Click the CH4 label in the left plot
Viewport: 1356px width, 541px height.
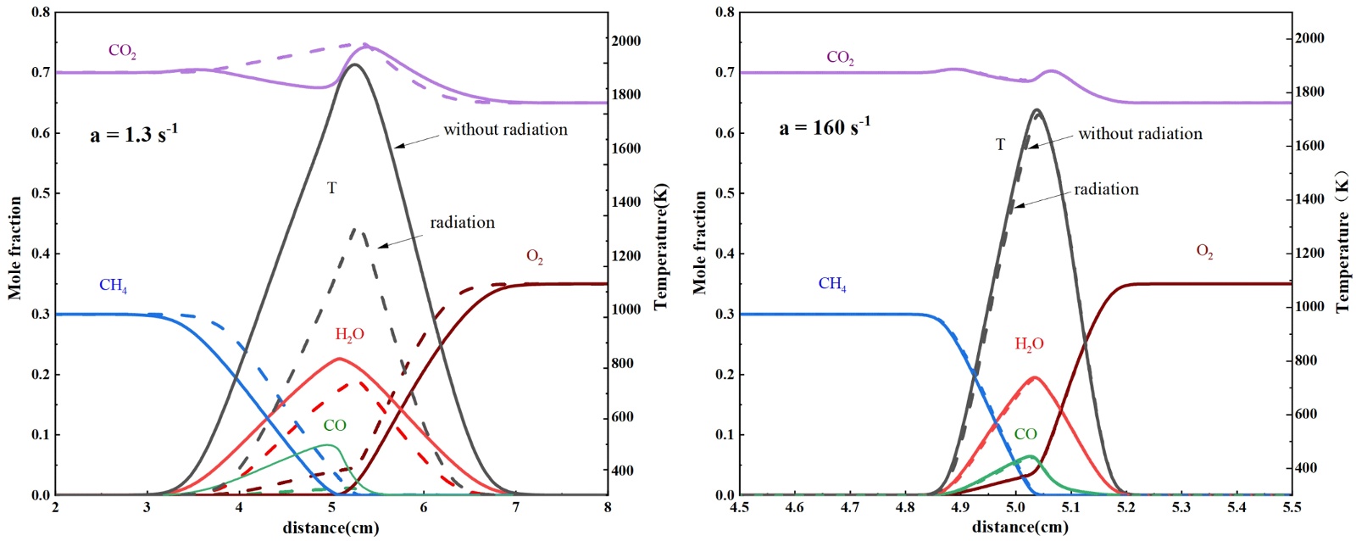pos(113,285)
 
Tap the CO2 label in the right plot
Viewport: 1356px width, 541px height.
pos(840,58)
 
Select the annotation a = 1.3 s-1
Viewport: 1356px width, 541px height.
pos(134,134)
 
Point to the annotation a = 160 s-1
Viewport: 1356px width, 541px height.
pos(824,128)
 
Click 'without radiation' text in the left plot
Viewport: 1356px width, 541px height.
pos(505,130)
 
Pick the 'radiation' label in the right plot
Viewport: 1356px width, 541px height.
pos(1106,189)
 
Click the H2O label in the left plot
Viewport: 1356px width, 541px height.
pos(349,335)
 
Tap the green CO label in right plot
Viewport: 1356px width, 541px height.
pos(1025,434)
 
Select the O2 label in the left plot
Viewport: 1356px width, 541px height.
pos(535,257)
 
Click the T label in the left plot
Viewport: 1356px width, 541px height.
pos(331,188)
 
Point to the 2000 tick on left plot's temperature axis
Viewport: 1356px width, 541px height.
pos(627,41)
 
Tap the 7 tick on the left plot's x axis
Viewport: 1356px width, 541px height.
pos(515,507)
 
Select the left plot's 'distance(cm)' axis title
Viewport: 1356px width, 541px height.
pos(331,528)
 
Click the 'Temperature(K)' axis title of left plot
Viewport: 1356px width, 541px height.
pos(661,246)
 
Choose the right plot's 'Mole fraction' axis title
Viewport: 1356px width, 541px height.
pos(700,243)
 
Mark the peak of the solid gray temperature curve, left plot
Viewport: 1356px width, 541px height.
pos(353,64)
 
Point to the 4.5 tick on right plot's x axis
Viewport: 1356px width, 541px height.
pos(740,507)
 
